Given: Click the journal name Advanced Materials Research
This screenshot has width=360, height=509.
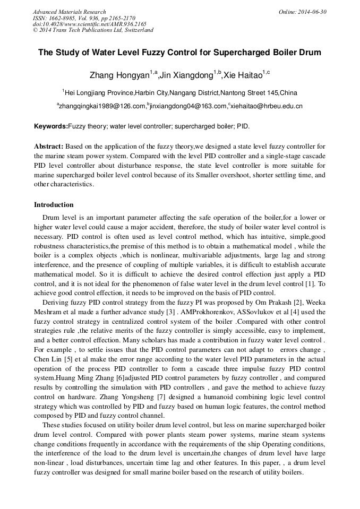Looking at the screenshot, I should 69,12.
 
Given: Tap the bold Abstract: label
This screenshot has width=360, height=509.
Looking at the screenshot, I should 49,146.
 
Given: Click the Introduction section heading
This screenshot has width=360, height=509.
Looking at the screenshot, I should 54,205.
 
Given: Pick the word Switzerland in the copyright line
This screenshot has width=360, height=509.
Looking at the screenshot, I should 138,30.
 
